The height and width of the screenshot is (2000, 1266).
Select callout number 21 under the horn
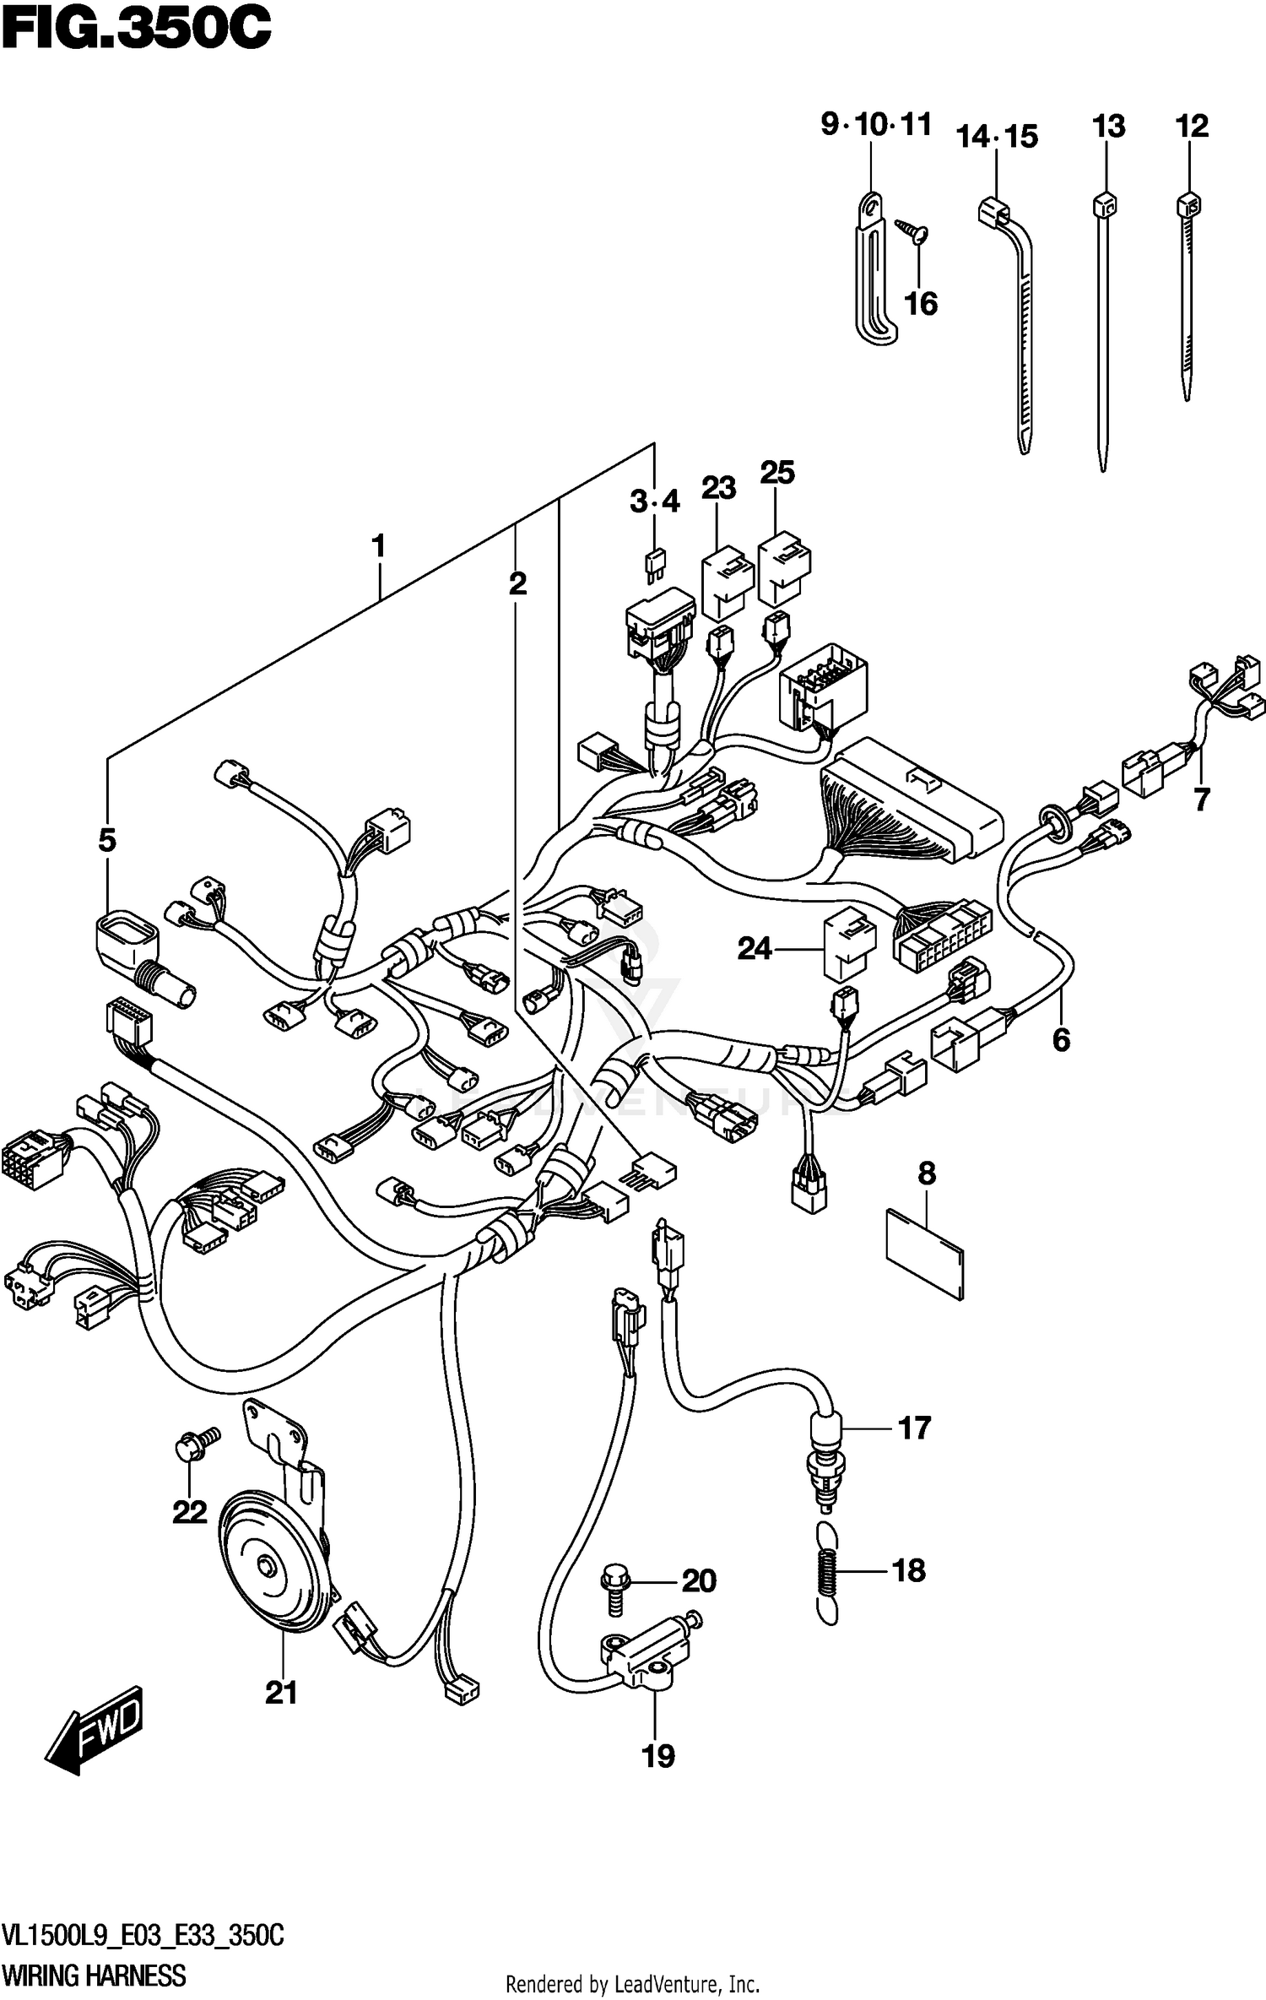coord(281,1693)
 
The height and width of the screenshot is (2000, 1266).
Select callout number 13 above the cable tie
coord(1108,127)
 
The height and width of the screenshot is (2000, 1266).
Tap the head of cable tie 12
coord(1188,205)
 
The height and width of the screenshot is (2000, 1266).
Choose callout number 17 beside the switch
coord(914,1429)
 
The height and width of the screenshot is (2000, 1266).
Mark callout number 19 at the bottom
coord(658,1756)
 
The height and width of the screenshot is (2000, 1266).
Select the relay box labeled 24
coord(849,944)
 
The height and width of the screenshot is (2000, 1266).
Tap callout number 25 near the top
coord(776,473)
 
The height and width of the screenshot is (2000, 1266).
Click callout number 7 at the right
coord(1202,798)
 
